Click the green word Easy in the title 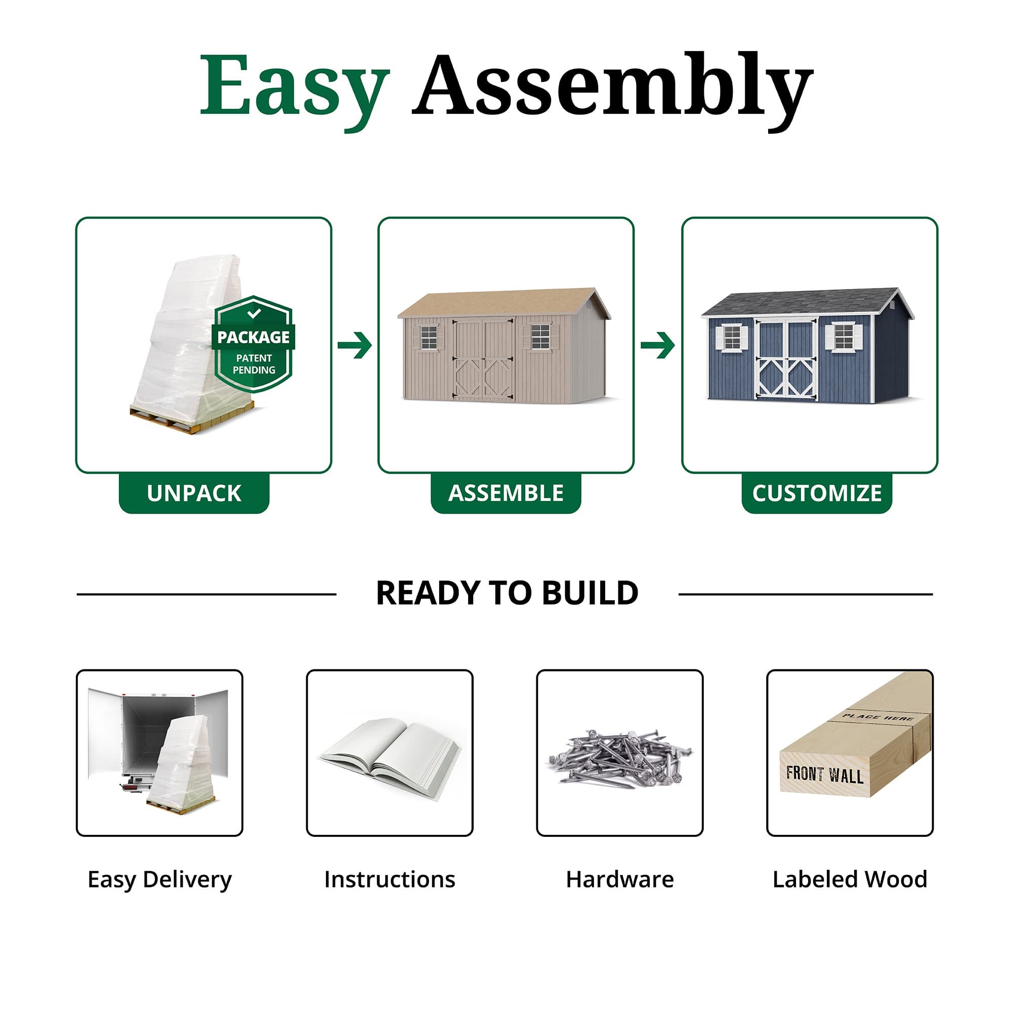[x=294, y=87]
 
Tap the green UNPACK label [x=194, y=493]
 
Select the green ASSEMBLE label [x=505, y=493]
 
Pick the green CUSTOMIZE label [x=817, y=493]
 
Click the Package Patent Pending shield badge [x=254, y=344]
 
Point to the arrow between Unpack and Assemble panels [x=355, y=345]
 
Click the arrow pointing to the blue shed [x=657, y=345]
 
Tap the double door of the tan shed [x=483, y=360]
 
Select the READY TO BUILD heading [x=507, y=594]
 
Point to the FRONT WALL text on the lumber [x=824, y=774]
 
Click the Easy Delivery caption [x=159, y=879]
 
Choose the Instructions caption [x=390, y=879]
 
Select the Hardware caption [x=620, y=879]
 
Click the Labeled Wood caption [x=850, y=879]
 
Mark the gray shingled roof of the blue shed [x=802, y=301]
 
